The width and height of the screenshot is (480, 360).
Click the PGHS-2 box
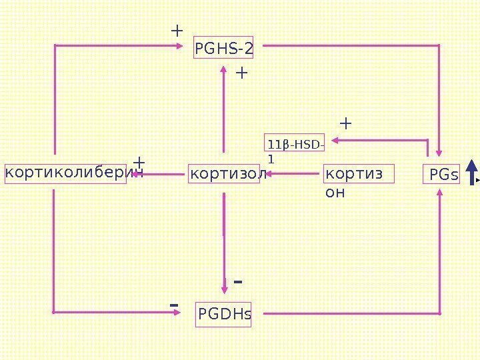[224, 48]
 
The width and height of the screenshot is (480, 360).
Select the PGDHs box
[225, 314]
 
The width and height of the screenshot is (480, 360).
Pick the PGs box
[443, 175]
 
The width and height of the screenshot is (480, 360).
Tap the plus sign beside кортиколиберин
[139, 163]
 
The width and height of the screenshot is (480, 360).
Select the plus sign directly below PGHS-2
[241, 72]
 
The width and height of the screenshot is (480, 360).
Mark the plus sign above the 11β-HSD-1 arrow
[345, 123]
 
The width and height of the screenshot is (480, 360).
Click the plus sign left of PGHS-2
[177, 31]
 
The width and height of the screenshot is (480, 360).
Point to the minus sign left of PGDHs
[174, 305]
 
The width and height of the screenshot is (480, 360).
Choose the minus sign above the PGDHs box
[237, 282]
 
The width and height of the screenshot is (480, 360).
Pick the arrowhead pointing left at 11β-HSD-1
[335, 140]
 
